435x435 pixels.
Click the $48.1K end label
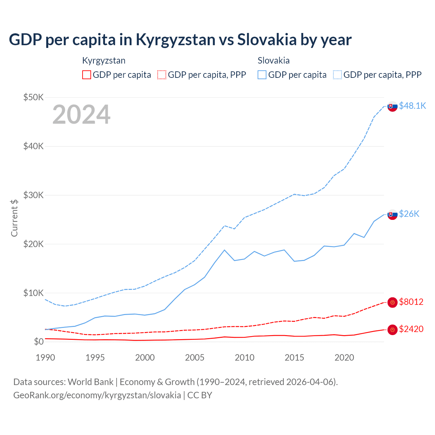412,106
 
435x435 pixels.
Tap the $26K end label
409,214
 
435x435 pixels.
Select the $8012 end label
411,302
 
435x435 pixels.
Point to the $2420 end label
411,329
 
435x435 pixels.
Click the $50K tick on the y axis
34,98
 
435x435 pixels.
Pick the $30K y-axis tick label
34,195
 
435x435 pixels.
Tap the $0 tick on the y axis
39,342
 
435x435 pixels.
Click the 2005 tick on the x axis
195,358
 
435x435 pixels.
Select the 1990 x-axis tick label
45,358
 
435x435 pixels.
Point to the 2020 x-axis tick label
344,358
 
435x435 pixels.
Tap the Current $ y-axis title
14,218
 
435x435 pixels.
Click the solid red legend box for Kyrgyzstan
87,75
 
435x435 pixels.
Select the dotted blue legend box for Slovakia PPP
337,75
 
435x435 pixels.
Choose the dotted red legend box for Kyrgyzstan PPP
162,75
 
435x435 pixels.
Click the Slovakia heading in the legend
274,60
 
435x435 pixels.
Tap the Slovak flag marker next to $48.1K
393,106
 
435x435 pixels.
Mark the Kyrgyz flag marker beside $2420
393,329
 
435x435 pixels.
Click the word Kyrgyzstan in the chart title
175,40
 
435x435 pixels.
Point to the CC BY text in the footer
200,395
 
